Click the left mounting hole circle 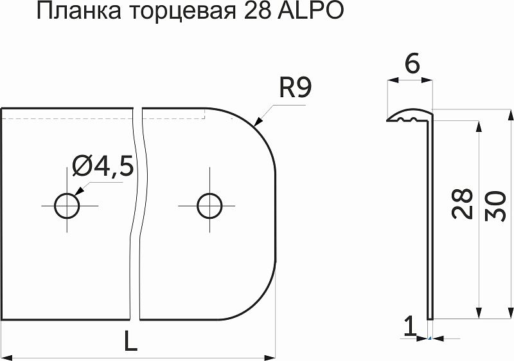click(x=67, y=206)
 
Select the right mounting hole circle click(x=209, y=206)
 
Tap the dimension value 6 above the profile click(x=412, y=64)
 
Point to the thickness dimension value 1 click(x=409, y=328)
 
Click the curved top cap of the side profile click(x=410, y=115)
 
